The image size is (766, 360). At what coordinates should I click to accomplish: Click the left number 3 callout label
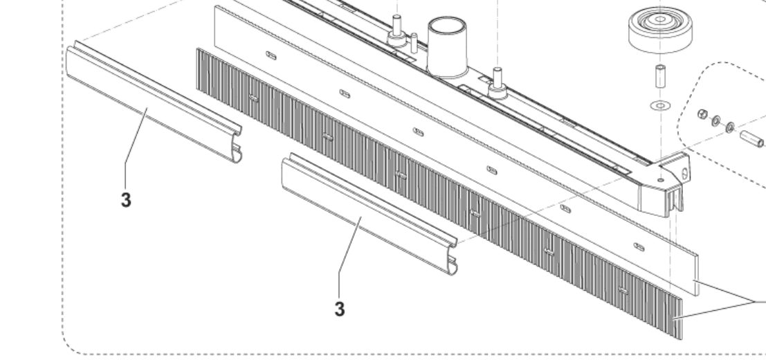coord(126,200)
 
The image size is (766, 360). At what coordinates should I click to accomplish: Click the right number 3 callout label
coord(340,309)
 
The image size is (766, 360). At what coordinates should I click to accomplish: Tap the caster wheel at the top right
coord(660,29)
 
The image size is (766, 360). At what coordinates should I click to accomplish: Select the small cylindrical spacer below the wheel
coord(660,75)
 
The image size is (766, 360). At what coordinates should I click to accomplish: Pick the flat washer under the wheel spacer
coord(661,105)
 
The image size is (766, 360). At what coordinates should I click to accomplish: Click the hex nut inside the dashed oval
coord(702,114)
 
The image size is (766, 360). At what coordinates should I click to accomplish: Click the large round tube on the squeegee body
coord(447,47)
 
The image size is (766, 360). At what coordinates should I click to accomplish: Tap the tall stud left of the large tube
coord(396,30)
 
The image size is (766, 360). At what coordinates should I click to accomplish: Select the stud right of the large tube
coord(498,83)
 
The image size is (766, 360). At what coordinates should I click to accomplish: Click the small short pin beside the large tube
coord(414,42)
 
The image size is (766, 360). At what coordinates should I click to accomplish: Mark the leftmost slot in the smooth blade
coord(271,56)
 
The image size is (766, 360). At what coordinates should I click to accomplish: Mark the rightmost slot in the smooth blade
coord(639,247)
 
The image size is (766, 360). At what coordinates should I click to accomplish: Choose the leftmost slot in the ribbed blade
coord(253,99)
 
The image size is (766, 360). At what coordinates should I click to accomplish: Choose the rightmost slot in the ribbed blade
coord(623,291)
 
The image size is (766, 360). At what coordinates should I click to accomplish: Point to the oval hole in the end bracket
coord(684,173)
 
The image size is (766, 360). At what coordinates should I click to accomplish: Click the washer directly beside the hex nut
coord(715,120)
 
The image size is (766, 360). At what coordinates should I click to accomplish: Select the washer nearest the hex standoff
coord(730,127)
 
